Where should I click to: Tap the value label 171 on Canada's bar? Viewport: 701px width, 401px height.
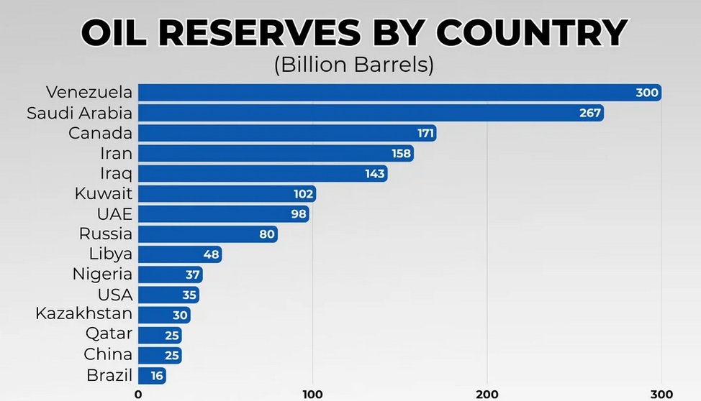coord(425,133)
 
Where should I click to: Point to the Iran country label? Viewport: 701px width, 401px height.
coord(117,153)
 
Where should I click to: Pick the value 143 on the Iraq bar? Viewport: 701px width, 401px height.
coord(375,173)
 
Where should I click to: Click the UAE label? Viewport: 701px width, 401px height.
coord(114,213)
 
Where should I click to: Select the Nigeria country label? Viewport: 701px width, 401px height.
coord(102,275)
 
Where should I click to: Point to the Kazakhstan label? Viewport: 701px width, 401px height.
coord(84,314)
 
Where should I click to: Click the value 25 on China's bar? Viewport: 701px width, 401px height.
coord(171,355)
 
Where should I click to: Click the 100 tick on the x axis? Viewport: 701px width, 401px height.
coord(312,394)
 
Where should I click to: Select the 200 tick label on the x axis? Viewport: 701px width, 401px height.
coord(487,394)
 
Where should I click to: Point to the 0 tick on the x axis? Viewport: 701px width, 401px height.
coord(138,394)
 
